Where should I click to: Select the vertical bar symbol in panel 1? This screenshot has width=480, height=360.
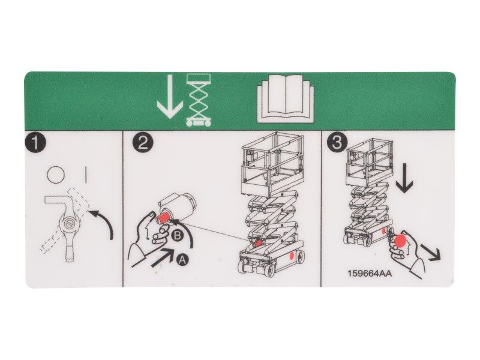pos(87,175)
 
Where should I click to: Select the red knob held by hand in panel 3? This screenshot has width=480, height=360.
pos(400,241)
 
